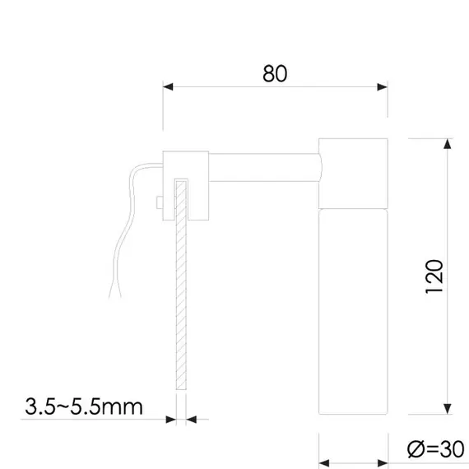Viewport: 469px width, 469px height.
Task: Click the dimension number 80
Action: click(275, 73)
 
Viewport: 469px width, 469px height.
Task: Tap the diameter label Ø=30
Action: click(434, 449)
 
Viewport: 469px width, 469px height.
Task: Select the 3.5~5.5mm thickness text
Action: click(84, 406)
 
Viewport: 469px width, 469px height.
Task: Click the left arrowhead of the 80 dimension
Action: click(168, 86)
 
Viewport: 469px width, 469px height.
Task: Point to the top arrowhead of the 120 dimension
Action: click(448, 145)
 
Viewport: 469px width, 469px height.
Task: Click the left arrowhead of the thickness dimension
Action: click(171, 420)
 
